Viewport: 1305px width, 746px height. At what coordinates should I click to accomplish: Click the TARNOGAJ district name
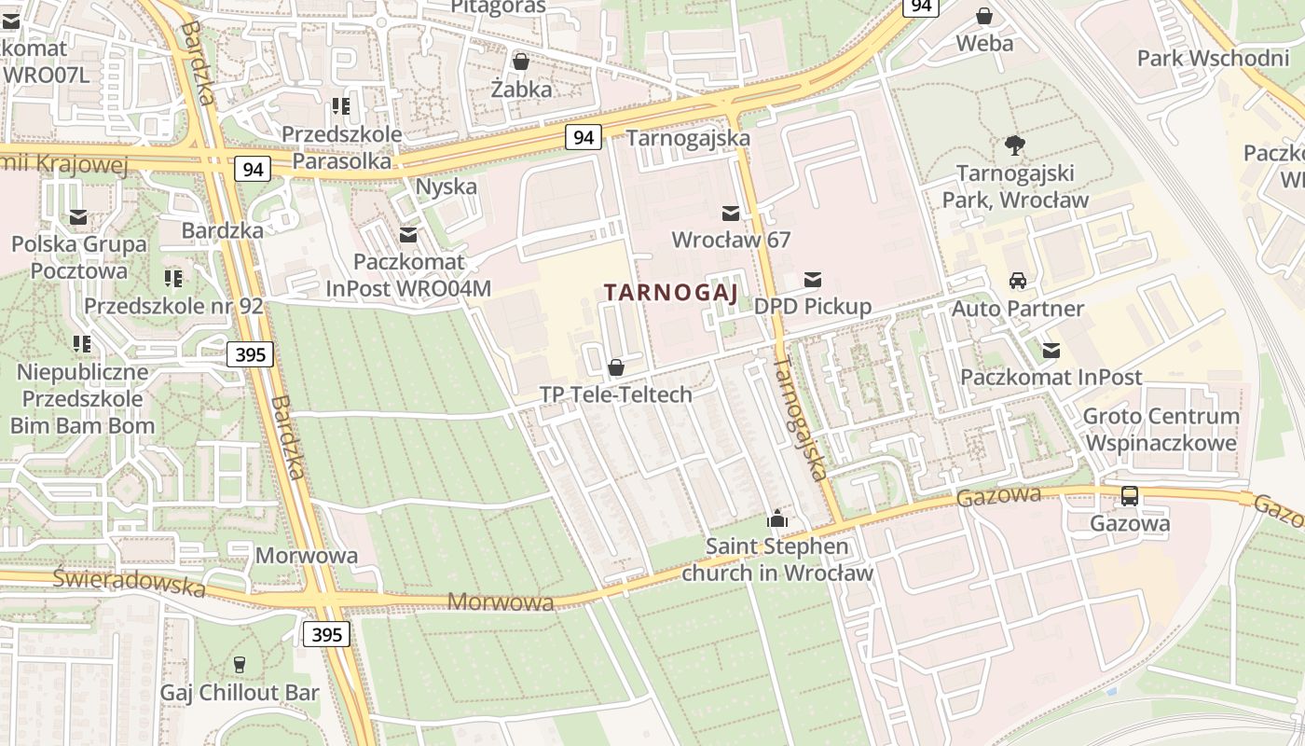[671, 293]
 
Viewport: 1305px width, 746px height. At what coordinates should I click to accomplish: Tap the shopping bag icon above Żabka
[521, 62]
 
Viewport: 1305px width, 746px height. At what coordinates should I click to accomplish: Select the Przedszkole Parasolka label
[342, 147]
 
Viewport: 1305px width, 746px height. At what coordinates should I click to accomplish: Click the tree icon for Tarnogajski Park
[1015, 145]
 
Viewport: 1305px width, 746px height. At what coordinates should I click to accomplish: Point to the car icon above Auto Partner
[1018, 280]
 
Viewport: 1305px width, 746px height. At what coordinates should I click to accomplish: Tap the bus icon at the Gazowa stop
[1130, 496]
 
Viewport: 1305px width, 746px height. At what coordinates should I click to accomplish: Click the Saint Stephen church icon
[776, 518]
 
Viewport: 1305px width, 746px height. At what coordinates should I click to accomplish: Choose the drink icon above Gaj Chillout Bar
[240, 664]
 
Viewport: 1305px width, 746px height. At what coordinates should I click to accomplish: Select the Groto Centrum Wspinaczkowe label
[1161, 429]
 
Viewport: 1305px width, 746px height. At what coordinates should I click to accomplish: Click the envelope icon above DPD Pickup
[813, 279]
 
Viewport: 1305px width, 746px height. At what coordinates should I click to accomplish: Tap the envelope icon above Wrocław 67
[731, 214]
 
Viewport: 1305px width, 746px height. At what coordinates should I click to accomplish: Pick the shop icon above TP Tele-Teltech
[615, 367]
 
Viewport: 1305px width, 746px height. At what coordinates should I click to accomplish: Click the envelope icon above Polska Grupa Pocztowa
[78, 217]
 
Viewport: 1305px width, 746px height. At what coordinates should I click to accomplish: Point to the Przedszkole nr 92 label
[173, 306]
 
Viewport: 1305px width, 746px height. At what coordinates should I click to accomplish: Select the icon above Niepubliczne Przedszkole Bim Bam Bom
[82, 344]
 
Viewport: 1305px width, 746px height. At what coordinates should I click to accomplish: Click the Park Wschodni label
[1213, 59]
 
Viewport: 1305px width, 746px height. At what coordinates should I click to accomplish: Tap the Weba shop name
[984, 43]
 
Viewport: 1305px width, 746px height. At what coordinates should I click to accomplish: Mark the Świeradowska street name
[129, 582]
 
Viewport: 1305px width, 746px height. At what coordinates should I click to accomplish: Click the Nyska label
[446, 186]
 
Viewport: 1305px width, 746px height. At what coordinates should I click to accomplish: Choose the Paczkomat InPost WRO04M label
[408, 276]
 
